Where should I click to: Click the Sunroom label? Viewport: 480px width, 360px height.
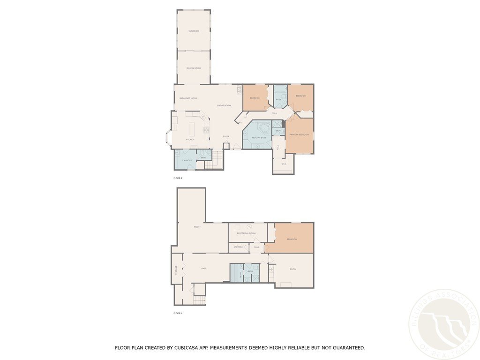(x=194, y=31)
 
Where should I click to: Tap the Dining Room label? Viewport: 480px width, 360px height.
(x=194, y=68)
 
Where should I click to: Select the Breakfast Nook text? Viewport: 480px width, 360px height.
(x=188, y=98)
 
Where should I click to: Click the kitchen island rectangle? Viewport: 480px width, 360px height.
(x=192, y=129)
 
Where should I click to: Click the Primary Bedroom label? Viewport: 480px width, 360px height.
(x=299, y=135)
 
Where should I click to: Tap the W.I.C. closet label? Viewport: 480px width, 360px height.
(x=284, y=164)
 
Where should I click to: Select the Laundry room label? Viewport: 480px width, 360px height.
(x=187, y=160)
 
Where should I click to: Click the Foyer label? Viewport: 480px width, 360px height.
(x=226, y=136)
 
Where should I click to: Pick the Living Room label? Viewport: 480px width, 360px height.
(x=224, y=105)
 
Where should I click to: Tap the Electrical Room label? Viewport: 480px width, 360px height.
(x=246, y=233)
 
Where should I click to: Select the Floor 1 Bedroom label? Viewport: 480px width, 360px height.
(x=292, y=240)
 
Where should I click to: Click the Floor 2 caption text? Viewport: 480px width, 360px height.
(x=178, y=179)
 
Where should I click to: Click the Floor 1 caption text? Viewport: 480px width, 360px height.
(x=178, y=313)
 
